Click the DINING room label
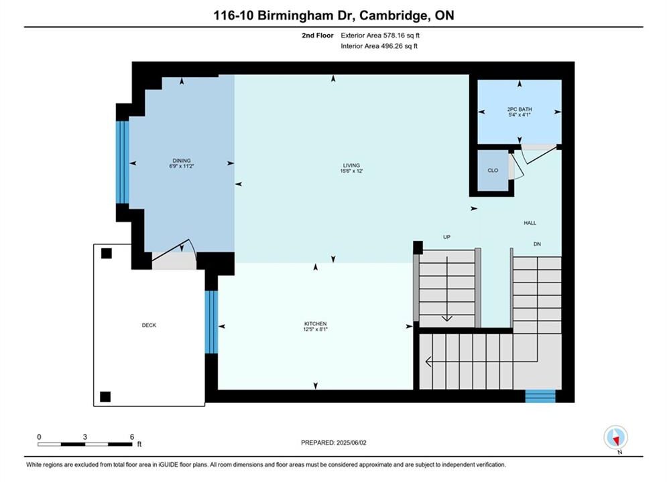(x=182, y=161)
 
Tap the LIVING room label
(x=351, y=165)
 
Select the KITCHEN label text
(x=315, y=323)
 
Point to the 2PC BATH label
(x=520, y=109)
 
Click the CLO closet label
(x=493, y=170)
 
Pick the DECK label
(x=149, y=325)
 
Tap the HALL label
(x=530, y=223)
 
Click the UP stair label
(x=446, y=237)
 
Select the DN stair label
(x=537, y=244)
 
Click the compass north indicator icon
(x=615, y=437)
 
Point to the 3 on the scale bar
(x=85, y=437)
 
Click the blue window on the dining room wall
(x=123, y=163)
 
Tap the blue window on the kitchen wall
(x=211, y=322)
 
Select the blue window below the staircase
(x=540, y=396)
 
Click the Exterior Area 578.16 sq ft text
(x=380, y=35)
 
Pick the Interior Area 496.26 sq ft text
(x=379, y=46)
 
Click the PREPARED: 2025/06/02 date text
(x=334, y=443)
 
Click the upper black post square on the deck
(x=107, y=254)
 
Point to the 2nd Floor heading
(x=318, y=35)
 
